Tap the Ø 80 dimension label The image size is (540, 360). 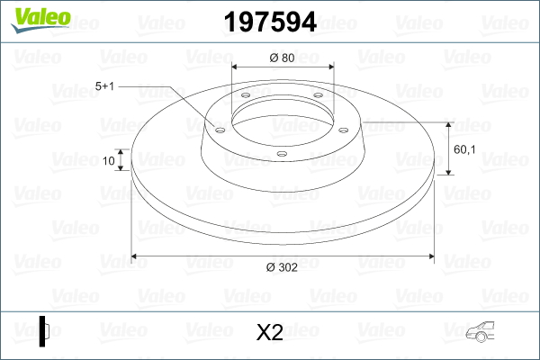click(283, 58)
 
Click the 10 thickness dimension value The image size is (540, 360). click(109, 162)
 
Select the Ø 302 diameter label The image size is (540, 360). click(283, 266)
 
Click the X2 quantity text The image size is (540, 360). click(269, 334)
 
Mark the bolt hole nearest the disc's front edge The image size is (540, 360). click(282, 154)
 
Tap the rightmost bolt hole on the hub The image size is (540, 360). click(343, 127)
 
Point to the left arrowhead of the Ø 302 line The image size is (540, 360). click(136, 256)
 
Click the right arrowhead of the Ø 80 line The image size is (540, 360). click(329, 67)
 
